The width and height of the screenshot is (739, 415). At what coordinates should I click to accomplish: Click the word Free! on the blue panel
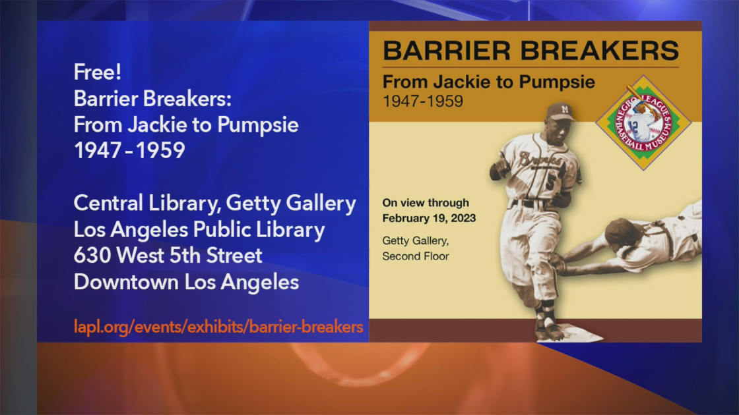click(98, 72)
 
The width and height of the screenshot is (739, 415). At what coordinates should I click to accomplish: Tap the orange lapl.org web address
click(218, 327)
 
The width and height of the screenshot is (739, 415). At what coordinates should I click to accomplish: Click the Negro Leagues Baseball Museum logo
click(643, 123)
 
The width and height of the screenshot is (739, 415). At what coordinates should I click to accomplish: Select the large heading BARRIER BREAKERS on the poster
click(530, 51)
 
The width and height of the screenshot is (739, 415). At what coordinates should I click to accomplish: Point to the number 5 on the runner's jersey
click(550, 181)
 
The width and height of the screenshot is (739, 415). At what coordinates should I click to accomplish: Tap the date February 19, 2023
click(429, 218)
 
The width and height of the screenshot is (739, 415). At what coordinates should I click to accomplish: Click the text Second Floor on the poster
click(416, 256)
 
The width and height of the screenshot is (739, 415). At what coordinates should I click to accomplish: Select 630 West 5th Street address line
click(168, 256)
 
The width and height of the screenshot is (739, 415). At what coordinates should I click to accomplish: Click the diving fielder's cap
click(618, 231)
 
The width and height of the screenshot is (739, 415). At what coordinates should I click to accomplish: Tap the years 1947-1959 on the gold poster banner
click(423, 101)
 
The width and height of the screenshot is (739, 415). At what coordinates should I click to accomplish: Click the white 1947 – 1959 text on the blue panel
click(129, 151)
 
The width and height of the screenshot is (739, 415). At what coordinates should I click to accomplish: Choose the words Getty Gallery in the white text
click(291, 204)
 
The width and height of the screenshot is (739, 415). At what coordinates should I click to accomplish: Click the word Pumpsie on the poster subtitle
click(557, 82)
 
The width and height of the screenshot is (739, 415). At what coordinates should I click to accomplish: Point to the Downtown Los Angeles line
click(186, 283)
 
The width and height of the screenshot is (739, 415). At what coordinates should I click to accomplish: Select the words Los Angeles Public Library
click(199, 230)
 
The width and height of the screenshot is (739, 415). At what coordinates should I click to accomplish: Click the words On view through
click(426, 203)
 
